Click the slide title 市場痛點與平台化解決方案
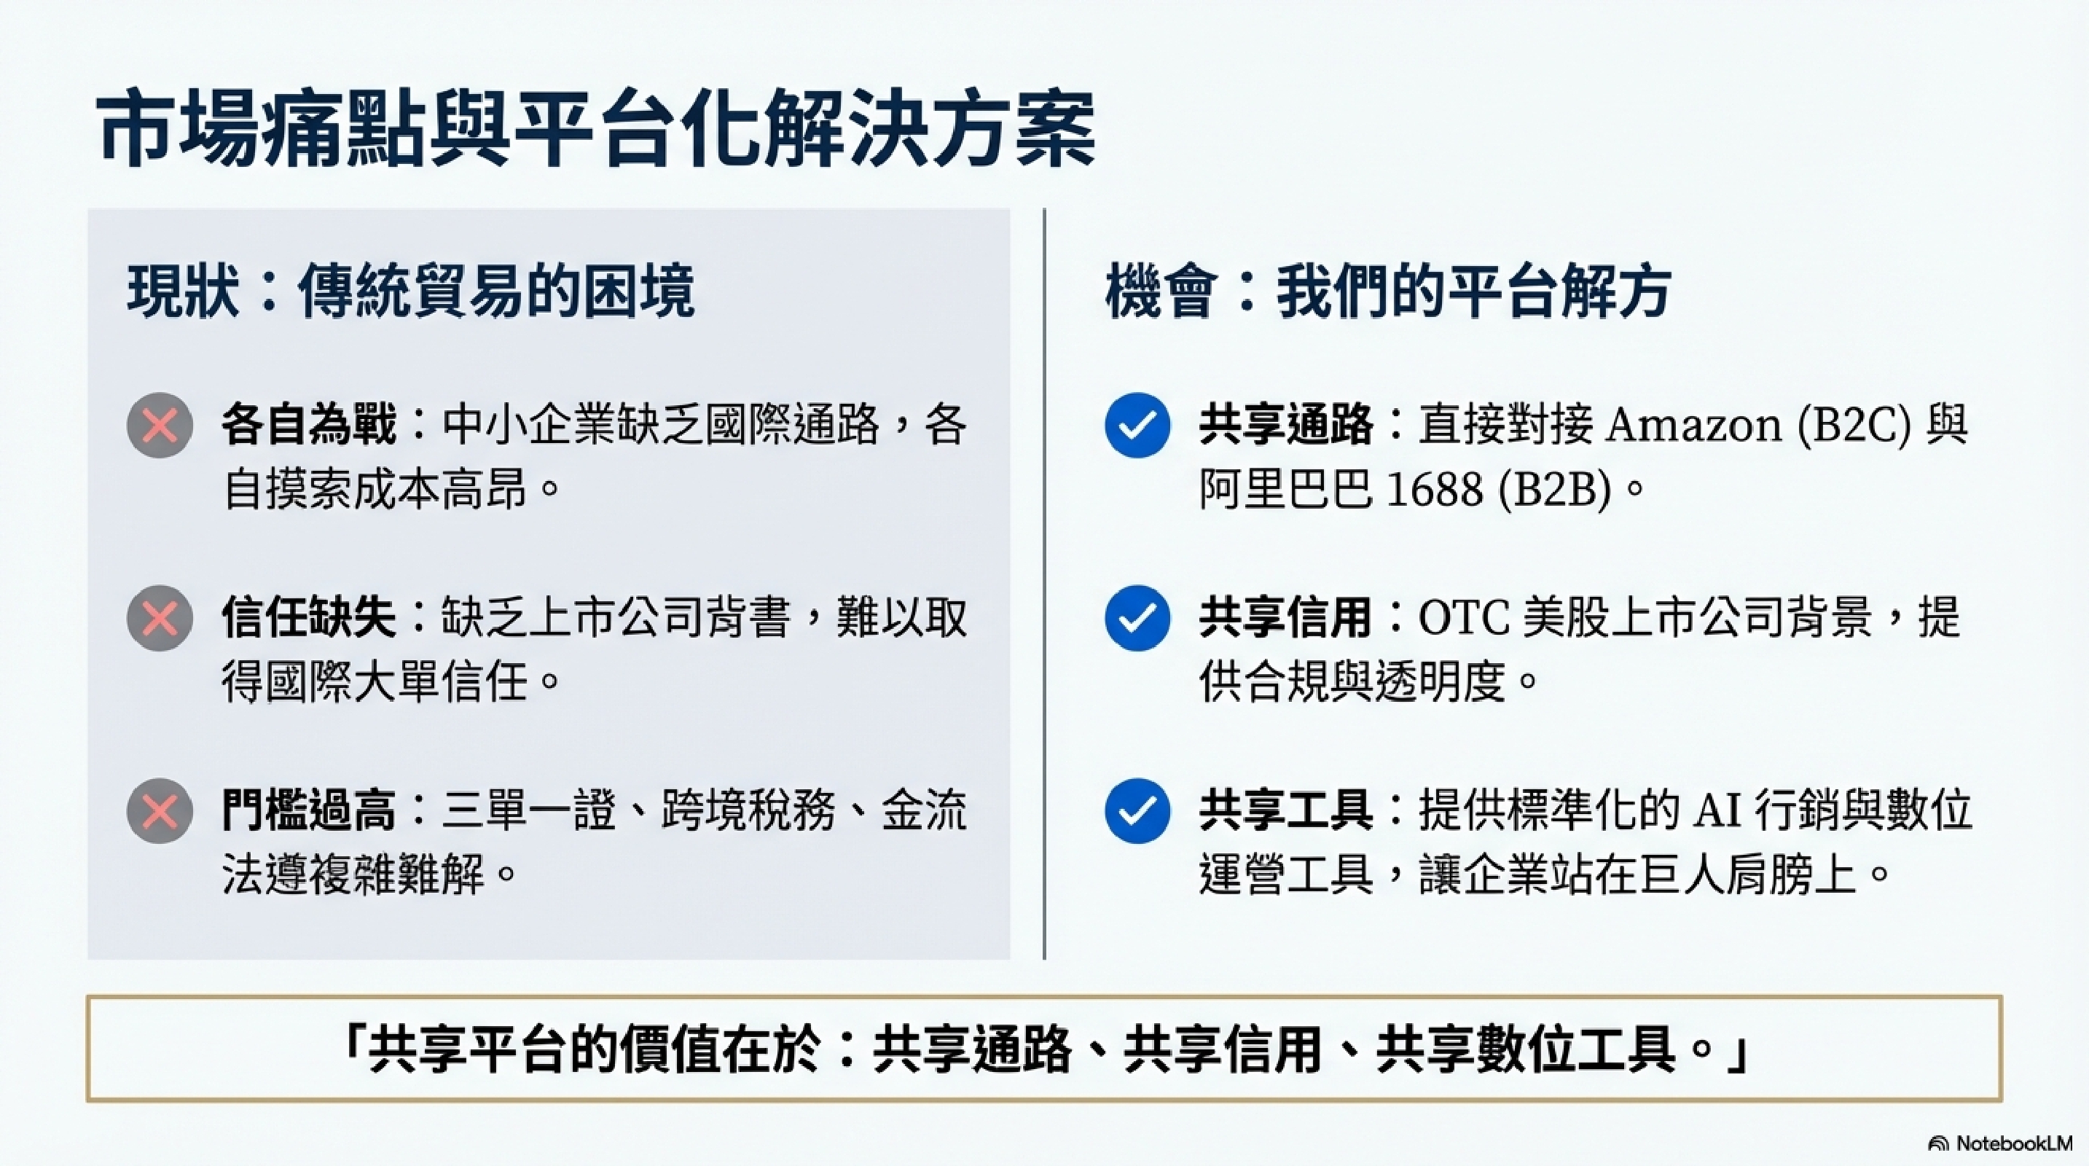tap(597, 130)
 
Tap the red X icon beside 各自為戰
tap(160, 426)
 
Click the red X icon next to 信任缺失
tap(160, 618)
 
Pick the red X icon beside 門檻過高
tap(160, 811)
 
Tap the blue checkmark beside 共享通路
tap(1137, 426)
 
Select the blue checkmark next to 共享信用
tap(1137, 618)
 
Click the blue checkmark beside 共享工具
tap(1137, 811)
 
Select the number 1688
tap(1435, 490)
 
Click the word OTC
tap(1464, 618)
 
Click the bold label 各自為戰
tap(309, 425)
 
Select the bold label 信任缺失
tap(309, 618)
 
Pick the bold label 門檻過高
tap(309, 811)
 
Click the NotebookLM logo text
tap(2013, 1143)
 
